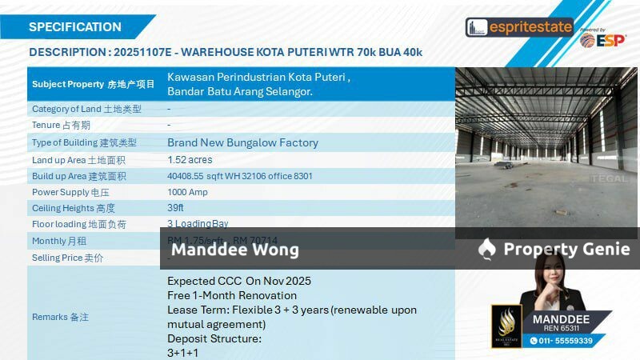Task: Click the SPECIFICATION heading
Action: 75,26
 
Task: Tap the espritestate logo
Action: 520,27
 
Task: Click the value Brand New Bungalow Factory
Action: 242,142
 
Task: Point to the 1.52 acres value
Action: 190,160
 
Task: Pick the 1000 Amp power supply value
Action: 188,192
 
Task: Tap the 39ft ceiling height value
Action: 175,207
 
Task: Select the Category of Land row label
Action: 86,109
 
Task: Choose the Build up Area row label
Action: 78,176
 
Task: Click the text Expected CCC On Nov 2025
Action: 239,281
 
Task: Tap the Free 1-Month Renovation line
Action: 232,295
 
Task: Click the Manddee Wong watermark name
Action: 235,250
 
